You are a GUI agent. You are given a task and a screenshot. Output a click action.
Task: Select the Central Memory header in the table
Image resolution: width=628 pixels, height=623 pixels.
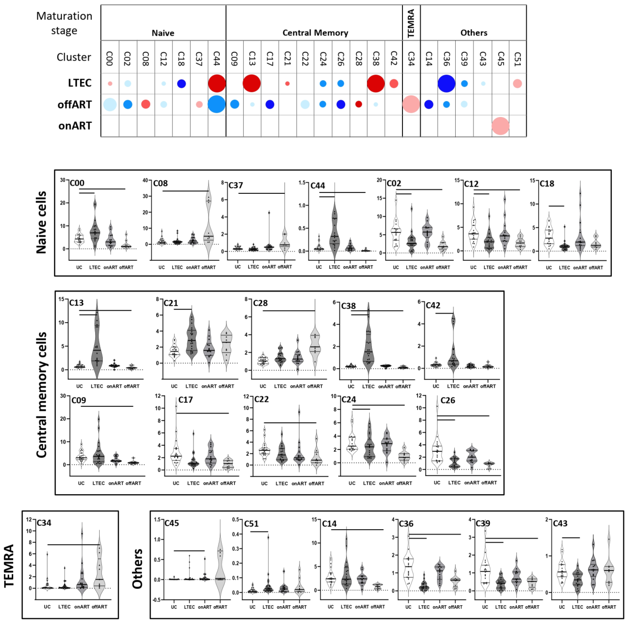[315, 33]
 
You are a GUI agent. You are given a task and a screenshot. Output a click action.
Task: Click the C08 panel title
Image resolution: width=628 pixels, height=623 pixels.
[160, 183]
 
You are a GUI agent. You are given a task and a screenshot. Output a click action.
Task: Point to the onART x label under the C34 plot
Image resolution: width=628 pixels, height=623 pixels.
[82, 606]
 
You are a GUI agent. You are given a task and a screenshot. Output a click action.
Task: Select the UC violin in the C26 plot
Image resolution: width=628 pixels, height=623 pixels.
[437, 449]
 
